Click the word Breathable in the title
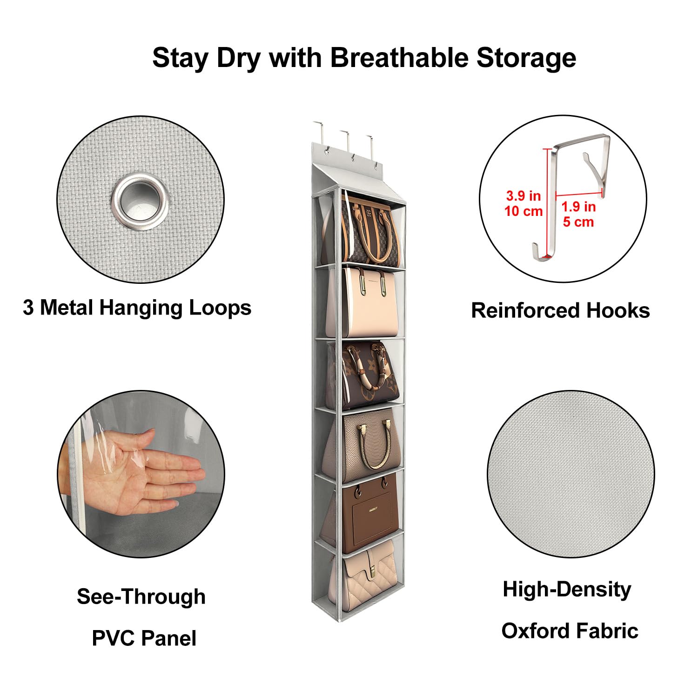pos(399,58)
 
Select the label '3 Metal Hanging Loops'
pos(137,308)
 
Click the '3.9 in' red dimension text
pos(523,195)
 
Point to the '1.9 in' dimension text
pos(578,206)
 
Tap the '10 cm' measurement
pos(523,211)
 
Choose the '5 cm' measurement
pos(578,222)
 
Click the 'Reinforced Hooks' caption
pos(560,310)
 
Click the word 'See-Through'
pos(141,597)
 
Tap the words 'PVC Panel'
pos(144,638)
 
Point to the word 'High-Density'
pos(567,590)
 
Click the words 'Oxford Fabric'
pos(570,631)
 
